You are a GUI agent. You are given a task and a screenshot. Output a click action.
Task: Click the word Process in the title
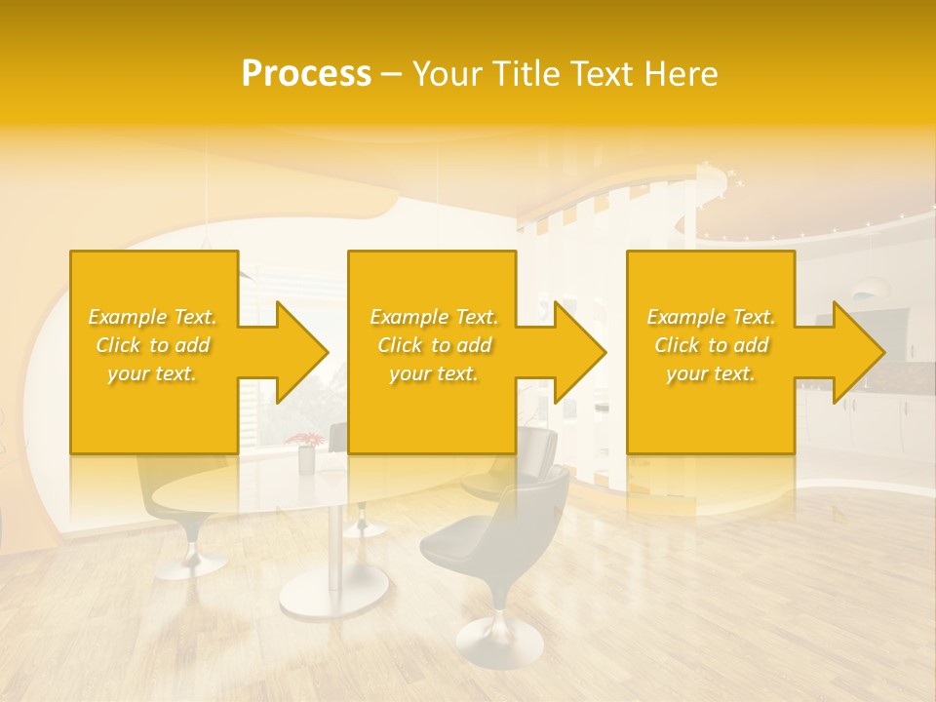click(306, 74)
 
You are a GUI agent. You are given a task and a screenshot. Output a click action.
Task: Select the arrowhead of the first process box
click(297, 352)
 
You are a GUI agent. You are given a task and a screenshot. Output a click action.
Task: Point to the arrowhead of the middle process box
click(576, 352)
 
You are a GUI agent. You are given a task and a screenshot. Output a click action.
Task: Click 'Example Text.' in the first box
click(153, 317)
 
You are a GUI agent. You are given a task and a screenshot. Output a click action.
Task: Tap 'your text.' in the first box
click(153, 373)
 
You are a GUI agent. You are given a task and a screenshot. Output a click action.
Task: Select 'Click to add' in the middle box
click(434, 345)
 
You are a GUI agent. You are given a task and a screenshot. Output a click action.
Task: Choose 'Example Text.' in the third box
click(711, 317)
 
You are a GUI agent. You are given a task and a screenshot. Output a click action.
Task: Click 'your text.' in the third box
click(711, 373)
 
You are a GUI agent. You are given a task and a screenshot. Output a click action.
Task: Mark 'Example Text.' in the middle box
click(434, 317)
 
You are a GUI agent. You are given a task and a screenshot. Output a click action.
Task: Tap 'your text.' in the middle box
click(434, 373)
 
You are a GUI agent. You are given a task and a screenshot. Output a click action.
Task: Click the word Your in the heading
click(448, 74)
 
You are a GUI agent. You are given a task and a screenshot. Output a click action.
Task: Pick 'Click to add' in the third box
click(711, 345)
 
